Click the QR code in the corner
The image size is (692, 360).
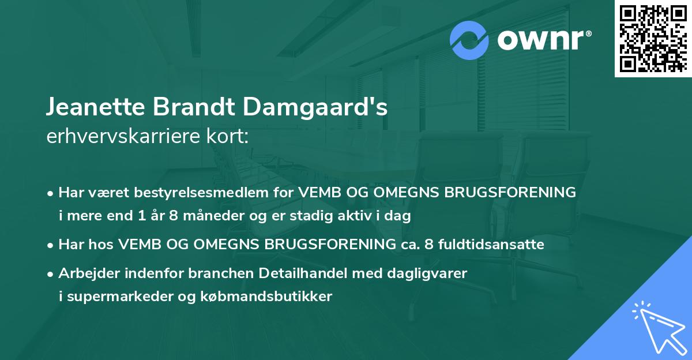coord(653,39)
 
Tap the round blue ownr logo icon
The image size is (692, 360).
coord(470,40)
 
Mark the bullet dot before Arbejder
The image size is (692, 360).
coord(51,273)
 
